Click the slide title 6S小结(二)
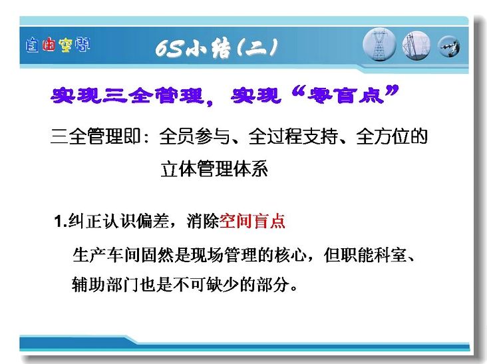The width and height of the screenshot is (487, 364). (216, 49)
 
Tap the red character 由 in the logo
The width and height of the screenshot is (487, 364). (49, 45)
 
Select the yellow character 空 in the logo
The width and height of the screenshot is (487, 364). (65, 45)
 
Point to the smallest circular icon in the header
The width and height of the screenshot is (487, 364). (449, 47)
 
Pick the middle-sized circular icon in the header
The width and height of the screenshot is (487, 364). (416, 45)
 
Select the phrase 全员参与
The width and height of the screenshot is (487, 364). (194, 136)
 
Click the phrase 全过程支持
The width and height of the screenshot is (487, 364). (293, 136)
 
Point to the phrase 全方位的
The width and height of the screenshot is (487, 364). (392, 136)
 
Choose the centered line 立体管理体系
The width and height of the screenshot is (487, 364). (214, 169)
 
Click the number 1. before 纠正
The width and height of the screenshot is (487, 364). (61, 222)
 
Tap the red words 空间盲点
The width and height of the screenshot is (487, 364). (252, 221)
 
